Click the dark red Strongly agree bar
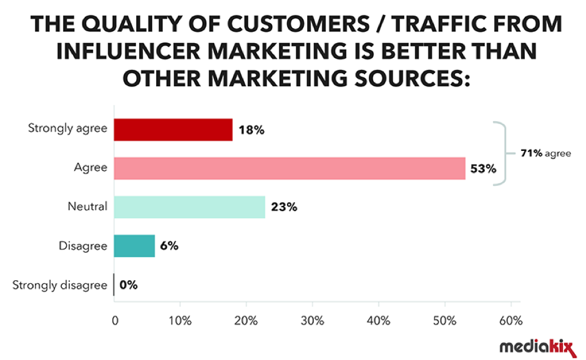tap(173, 130)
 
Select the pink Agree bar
tap(290, 168)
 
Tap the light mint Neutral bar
tap(190, 207)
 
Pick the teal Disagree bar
tap(134, 246)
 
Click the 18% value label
tap(252, 130)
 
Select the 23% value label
tap(285, 208)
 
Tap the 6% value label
tap(169, 246)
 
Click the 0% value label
tap(129, 285)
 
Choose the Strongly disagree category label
tap(60, 285)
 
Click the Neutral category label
tap(87, 207)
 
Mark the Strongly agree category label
tap(67, 129)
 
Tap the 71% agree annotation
tap(545, 152)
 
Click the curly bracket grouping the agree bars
tap(503, 152)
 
